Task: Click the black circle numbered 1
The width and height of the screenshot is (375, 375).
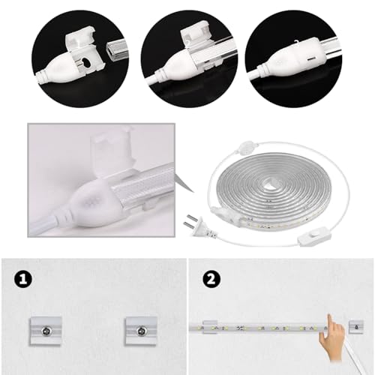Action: click(24, 279)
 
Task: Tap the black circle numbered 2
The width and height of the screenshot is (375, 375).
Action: click(211, 279)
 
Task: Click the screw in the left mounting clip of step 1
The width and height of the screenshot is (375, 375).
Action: click(46, 331)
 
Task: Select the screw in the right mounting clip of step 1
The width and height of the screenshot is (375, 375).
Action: click(142, 331)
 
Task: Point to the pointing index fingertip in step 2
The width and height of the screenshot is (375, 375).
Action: click(330, 316)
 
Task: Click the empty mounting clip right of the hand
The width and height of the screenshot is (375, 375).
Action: click(356, 328)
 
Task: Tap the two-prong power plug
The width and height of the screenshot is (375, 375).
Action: click(199, 226)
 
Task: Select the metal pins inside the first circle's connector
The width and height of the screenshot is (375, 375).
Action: click(80, 64)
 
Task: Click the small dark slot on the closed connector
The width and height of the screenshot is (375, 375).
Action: click(311, 59)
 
